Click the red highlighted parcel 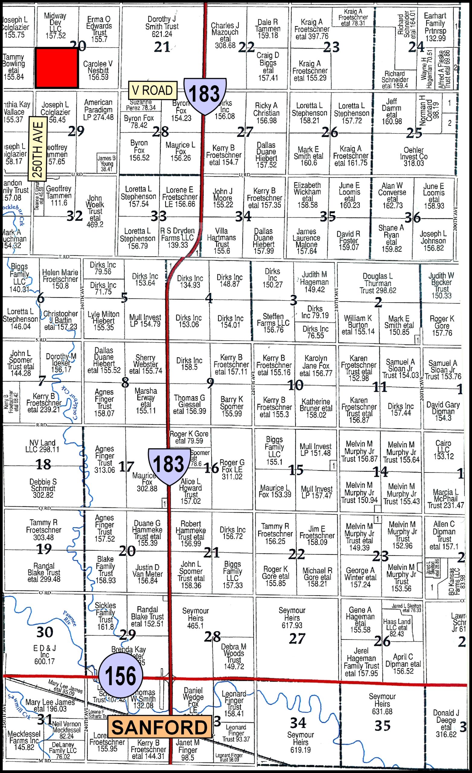coord(56,68)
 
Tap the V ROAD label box coord(153,90)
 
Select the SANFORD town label coord(159,727)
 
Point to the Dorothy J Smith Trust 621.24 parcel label coord(162,26)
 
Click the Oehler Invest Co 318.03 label coord(413,156)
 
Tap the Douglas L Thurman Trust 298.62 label coord(378,283)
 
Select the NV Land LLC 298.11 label coord(42,446)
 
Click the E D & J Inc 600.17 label coord(45,654)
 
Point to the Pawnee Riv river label coord(70,618)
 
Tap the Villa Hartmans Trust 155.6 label coord(222,241)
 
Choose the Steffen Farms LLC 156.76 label coord(273,322)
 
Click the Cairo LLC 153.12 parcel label coord(443,450)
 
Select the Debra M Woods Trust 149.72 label coord(234,656)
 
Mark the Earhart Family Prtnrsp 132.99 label coord(435,27)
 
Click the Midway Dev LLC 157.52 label coord(55,25)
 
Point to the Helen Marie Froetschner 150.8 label coord(60,279)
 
